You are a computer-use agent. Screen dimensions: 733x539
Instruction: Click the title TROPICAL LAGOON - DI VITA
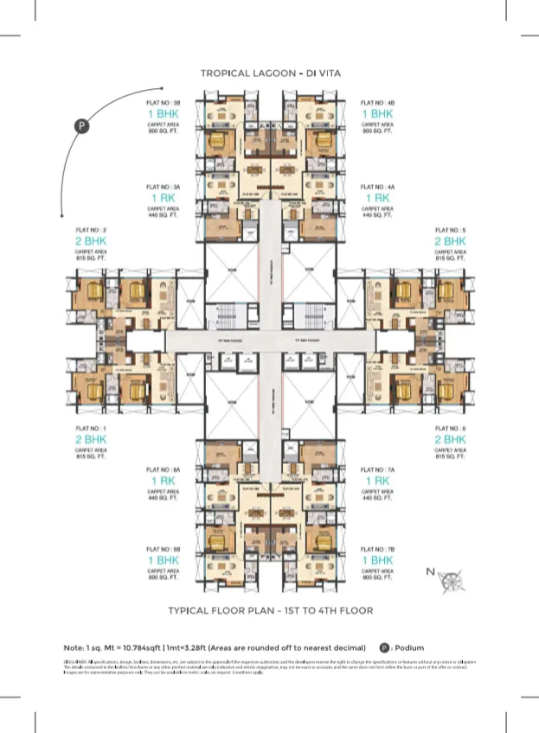pyautogui.click(x=270, y=74)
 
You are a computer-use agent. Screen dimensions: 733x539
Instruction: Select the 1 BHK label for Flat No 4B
pyautogui.click(x=378, y=114)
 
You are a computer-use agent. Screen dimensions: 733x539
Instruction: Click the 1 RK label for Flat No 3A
pyautogui.click(x=163, y=198)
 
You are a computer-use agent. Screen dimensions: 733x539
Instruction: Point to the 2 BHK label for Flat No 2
pyautogui.click(x=91, y=242)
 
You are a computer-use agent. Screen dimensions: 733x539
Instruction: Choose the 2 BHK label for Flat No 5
pyautogui.click(x=450, y=242)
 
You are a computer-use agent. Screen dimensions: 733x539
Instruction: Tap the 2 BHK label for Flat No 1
pyautogui.click(x=91, y=440)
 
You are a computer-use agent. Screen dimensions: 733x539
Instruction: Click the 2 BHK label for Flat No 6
pyautogui.click(x=450, y=440)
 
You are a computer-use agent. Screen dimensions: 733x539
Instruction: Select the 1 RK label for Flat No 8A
pyautogui.click(x=163, y=481)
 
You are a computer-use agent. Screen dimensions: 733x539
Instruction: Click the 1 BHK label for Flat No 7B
pyautogui.click(x=378, y=561)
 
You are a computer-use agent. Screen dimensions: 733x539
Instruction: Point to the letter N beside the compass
pyautogui.click(x=430, y=571)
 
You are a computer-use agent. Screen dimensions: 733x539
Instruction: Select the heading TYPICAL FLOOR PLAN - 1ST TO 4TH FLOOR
pyautogui.click(x=270, y=610)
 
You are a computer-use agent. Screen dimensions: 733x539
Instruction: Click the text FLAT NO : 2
pyautogui.click(x=91, y=230)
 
